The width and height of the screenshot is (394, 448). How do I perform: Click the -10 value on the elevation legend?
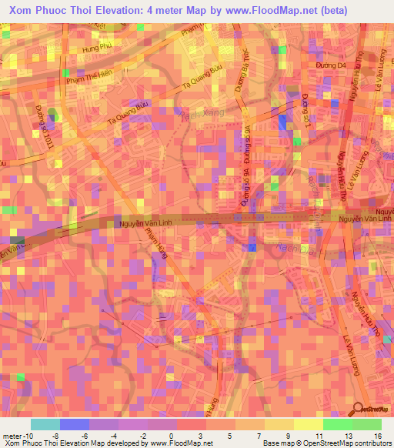(x=18, y=435)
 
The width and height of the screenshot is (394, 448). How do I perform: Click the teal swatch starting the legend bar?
(x=45, y=424)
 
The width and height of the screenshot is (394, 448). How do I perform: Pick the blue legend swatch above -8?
(x=75, y=424)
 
